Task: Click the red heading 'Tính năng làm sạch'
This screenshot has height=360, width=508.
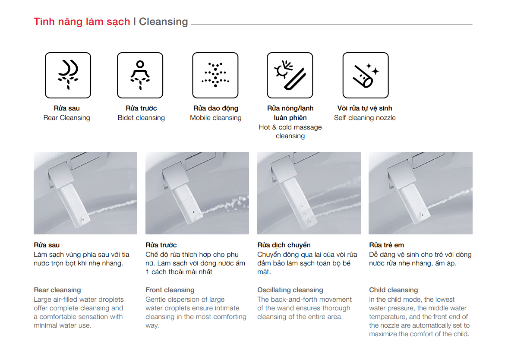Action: [82, 22]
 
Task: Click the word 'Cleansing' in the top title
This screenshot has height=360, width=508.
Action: [163, 22]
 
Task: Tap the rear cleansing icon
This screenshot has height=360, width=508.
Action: [68, 75]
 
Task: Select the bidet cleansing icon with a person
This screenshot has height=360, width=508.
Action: [140, 75]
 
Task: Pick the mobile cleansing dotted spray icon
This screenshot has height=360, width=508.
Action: [215, 75]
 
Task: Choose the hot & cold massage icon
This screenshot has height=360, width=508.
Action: [290, 75]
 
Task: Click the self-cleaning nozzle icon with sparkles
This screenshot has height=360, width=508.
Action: [366, 75]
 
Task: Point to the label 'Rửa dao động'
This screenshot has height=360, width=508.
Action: [216, 108]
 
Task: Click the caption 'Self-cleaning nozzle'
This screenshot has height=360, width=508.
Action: [365, 117]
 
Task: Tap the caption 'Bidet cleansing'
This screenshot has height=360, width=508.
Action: [141, 117]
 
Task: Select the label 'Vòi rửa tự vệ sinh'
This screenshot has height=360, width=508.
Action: [365, 108]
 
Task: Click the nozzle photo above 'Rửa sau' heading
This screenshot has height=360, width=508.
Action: [85, 193]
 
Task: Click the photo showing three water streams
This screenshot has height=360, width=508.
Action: [309, 193]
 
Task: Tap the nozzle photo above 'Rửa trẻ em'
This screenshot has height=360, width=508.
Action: [420, 193]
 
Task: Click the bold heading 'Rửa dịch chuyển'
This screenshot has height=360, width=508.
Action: [284, 245]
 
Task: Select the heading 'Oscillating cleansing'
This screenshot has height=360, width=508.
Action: [290, 290]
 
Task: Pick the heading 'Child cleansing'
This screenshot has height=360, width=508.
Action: [394, 290]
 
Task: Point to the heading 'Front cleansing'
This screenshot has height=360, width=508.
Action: [170, 290]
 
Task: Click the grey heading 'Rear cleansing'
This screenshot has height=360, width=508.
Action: [57, 290]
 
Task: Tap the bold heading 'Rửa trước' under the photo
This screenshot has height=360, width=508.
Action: [161, 245]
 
